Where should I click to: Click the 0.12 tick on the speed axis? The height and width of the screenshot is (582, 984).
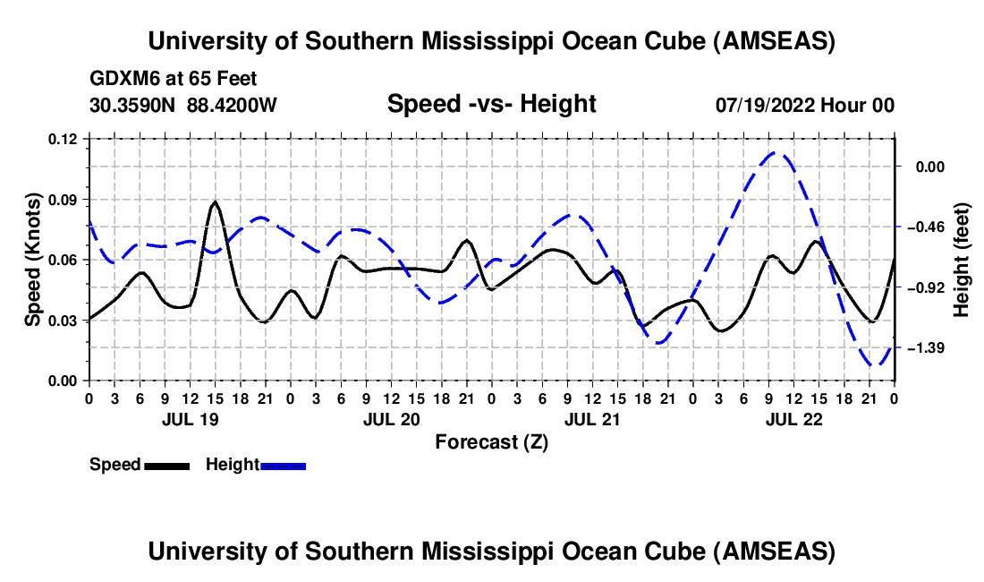point(64,139)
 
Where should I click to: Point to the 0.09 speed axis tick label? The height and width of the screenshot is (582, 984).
point(64,200)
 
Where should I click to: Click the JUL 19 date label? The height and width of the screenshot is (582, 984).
point(189,419)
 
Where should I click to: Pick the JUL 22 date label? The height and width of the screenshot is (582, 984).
point(793,419)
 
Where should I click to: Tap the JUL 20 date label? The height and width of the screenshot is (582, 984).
point(391,419)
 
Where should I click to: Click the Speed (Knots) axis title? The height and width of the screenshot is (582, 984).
point(33,259)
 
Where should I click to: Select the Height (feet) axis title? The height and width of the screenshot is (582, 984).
point(963,259)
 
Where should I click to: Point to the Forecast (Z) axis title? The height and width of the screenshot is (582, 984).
point(491,441)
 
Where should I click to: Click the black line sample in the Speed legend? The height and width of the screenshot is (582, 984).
point(166,465)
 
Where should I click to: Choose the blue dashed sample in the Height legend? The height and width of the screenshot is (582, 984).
point(284,465)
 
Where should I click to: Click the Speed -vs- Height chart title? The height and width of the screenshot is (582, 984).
point(491,104)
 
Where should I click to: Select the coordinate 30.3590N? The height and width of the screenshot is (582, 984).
point(134,105)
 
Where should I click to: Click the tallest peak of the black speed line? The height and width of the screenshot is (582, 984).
point(215,202)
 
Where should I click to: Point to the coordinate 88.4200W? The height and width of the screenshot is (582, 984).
point(233,105)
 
